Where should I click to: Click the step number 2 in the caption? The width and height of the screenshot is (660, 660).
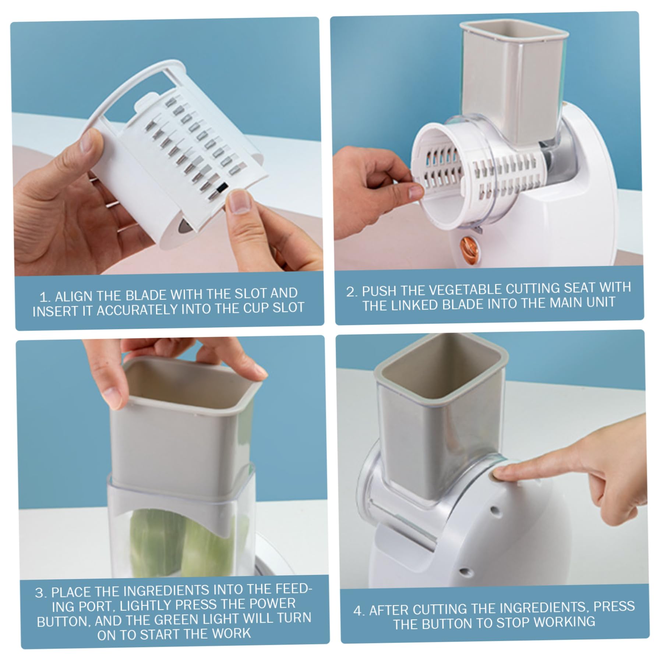point(351,292)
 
